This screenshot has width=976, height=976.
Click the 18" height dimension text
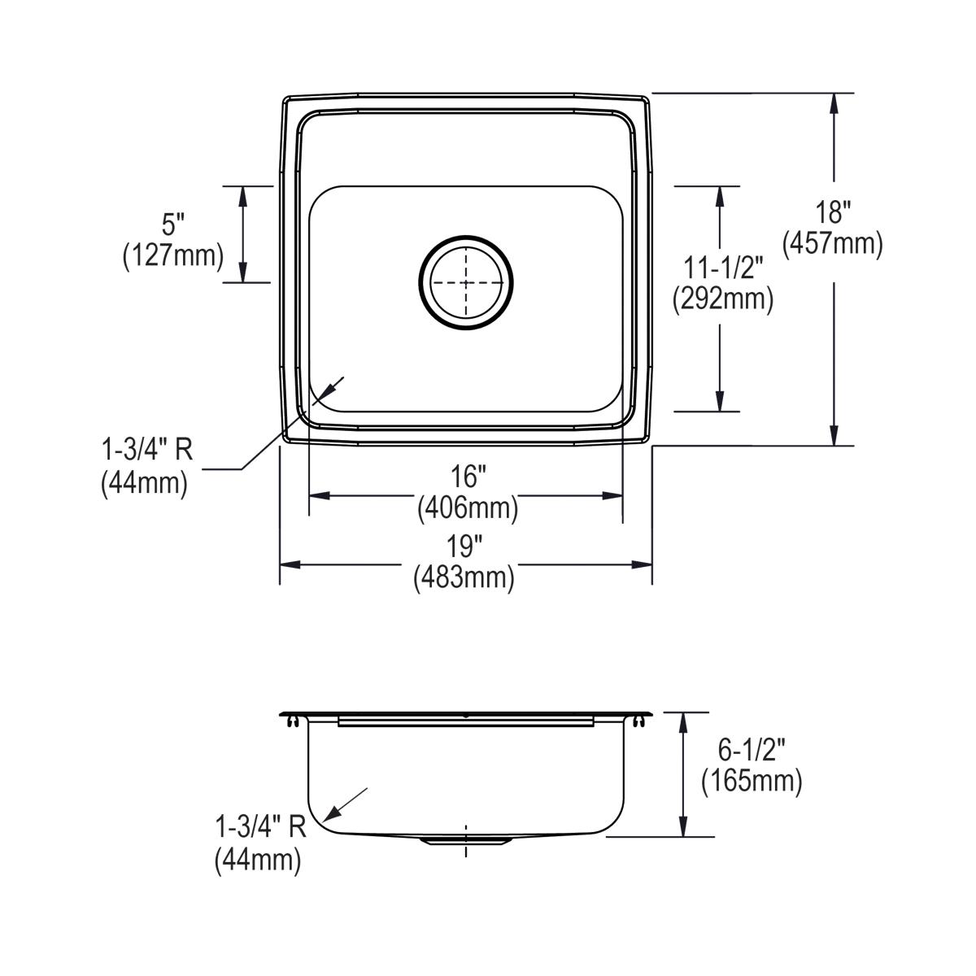click(x=833, y=213)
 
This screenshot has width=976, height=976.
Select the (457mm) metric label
click(x=833, y=243)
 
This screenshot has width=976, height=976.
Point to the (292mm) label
click(x=721, y=299)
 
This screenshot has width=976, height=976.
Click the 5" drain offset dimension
click(x=173, y=224)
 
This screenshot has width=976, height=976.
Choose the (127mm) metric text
click(x=172, y=255)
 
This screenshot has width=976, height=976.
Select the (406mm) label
click(x=467, y=509)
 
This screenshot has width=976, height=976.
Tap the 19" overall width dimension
click(x=465, y=547)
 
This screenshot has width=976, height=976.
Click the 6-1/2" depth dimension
click(x=752, y=750)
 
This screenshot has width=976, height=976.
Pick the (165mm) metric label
click(x=752, y=781)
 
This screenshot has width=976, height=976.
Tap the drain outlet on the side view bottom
click(x=465, y=841)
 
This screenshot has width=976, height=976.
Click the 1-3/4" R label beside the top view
click(x=146, y=451)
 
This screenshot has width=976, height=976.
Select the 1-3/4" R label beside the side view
click(x=260, y=828)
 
